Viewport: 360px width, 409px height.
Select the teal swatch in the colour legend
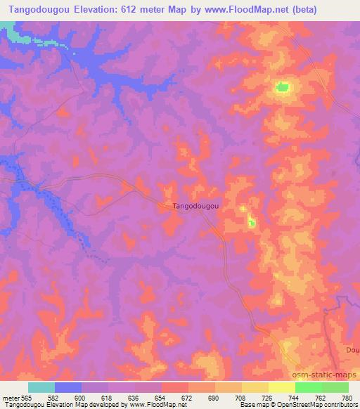(41, 387)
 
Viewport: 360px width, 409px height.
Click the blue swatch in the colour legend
(68, 387)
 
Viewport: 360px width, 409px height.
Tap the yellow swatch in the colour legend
(281, 387)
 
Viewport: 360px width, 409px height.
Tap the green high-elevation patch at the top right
(282, 88)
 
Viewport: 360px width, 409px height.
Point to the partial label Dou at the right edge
(352, 349)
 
